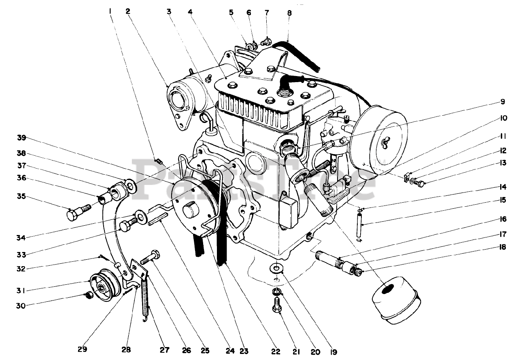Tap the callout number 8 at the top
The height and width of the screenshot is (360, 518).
coord(289,13)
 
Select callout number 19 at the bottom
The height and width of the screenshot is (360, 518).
coord(333,352)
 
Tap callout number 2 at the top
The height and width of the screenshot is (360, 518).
coord(128,12)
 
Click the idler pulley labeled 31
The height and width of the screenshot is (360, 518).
coord(101,284)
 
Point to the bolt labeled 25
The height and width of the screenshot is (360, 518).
coord(150,258)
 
